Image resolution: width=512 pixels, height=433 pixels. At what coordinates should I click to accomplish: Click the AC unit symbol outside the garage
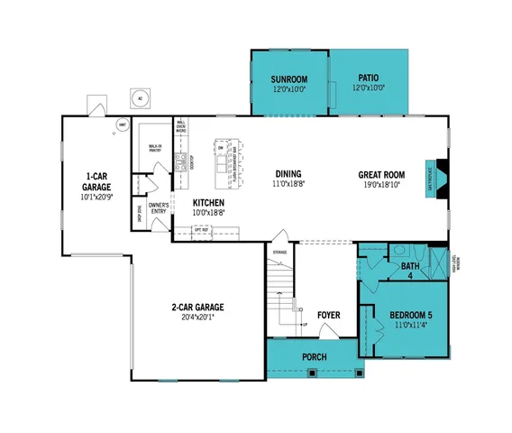coord(140,97)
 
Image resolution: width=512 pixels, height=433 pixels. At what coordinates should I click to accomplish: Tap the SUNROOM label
coord(289,79)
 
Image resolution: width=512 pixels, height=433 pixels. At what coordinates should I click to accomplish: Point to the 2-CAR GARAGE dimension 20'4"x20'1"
coord(197,318)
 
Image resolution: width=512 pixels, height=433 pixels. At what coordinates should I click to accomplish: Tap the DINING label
coord(288,174)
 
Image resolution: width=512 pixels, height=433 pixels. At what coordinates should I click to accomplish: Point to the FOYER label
coord(328,315)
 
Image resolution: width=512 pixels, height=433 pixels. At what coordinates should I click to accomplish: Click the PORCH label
coord(314,357)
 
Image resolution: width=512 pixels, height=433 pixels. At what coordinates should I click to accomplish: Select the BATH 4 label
coord(411,271)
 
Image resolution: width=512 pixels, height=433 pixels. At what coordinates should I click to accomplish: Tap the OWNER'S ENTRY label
coord(159,208)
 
